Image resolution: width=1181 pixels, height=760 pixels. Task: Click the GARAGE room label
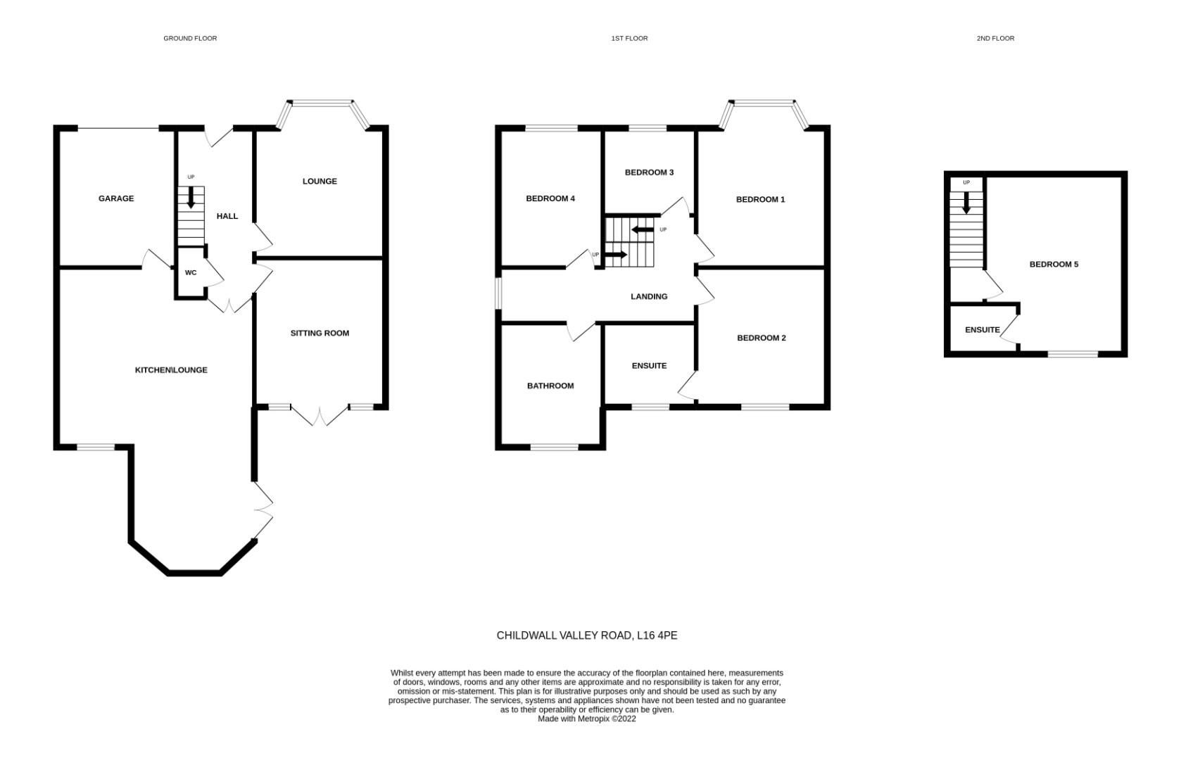click(x=116, y=198)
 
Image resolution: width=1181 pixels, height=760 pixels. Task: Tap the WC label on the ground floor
click(x=191, y=272)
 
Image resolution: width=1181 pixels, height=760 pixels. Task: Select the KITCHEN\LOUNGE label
click(x=171, y=370)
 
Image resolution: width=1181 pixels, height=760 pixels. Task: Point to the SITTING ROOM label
click(x=320, y=333)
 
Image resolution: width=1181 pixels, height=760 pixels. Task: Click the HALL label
click(x=227, y=216)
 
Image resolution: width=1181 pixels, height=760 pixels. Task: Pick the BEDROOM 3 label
click(x=649, y=172)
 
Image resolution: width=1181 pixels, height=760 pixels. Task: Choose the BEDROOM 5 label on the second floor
click(x=1054, y=265)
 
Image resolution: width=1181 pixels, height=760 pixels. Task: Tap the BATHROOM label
click(x=550, y=386)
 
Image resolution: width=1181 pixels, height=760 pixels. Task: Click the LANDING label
click(x=648, y=296)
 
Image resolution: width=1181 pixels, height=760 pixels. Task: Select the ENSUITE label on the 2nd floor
click(x=982, y=329)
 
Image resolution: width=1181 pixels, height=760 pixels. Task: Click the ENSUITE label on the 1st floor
click(x=649, y=366)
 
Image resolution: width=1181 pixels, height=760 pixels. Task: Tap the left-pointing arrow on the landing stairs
click(x=643, y=229)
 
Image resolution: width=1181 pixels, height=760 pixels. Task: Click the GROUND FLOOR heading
click(x=190, y=38)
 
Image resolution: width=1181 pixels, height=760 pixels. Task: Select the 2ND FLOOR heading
click(x=995, y=38)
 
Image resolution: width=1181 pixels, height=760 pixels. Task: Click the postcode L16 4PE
click(x=657, y=635)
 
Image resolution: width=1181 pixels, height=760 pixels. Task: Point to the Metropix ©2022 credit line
click(x=587, y=719)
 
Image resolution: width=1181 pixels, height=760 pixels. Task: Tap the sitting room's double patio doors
click(x=320, y=415)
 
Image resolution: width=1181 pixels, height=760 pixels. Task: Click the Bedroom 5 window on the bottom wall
click(x=1073, y=353)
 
